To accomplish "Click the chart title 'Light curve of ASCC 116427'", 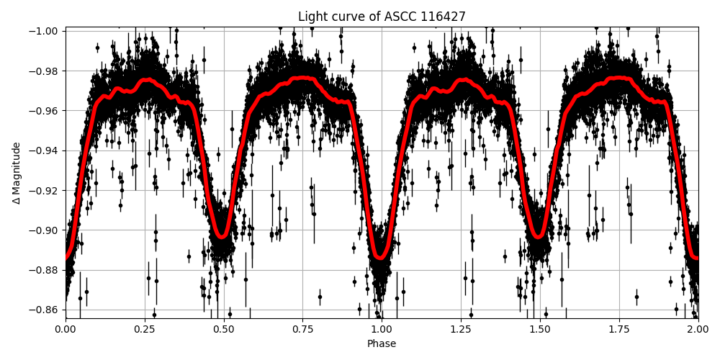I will click(382, 17).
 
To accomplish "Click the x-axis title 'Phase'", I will click(382, 344).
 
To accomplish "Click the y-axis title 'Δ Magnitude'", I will click(16, 173).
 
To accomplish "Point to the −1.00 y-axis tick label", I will click(45, 31).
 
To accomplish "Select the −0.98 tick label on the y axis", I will click(45, 71).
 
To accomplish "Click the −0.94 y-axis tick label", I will click(45, 150).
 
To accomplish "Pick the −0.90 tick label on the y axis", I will click(45, 230).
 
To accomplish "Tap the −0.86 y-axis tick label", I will click(45, 310).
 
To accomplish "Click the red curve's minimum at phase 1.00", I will click(381, 256).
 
